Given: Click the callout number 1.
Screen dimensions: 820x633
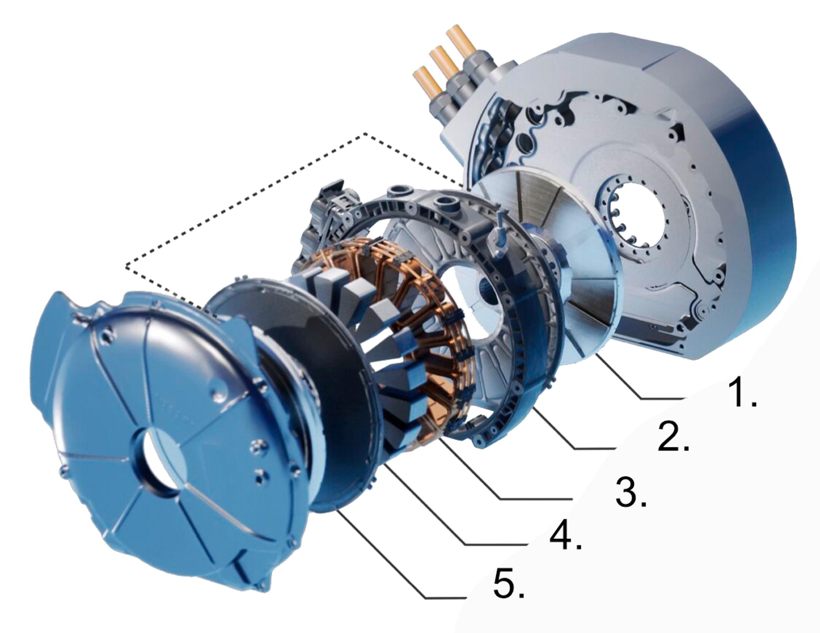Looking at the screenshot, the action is click(x=737, y=393).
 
